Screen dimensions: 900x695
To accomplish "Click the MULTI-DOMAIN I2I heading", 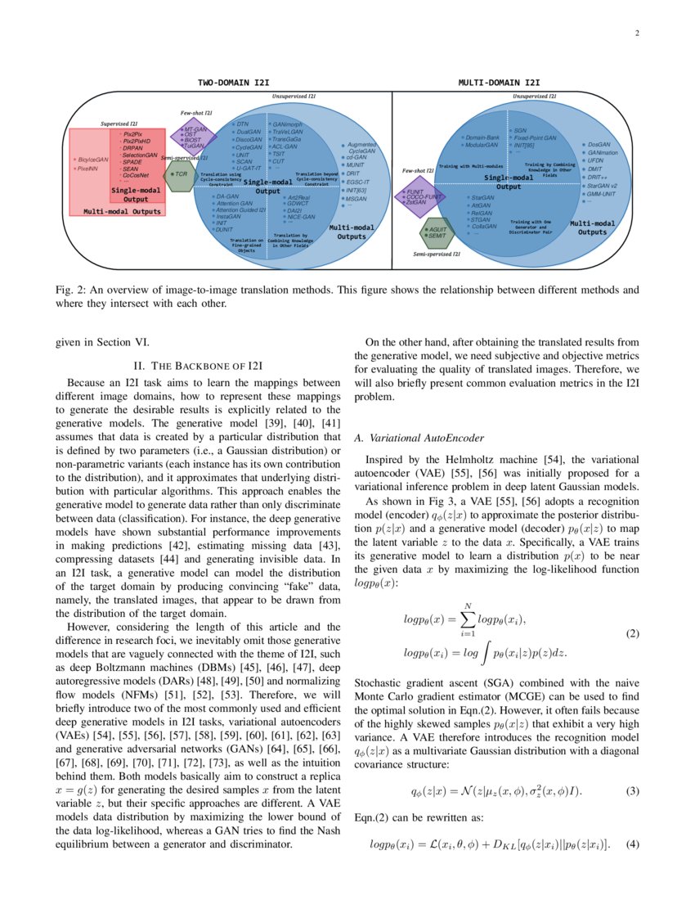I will [x=498, y=83].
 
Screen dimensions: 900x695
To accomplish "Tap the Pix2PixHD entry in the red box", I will [x=137, y=141].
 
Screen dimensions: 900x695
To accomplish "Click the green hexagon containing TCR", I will [x=179, y=174].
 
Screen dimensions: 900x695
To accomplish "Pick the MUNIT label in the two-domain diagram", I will [x=355, y=164].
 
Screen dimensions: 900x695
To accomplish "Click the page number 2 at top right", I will [x=634, y=34].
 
